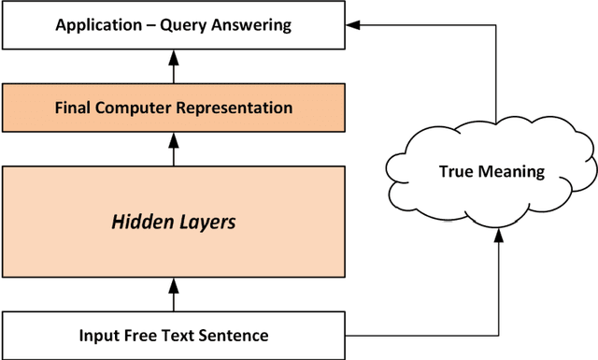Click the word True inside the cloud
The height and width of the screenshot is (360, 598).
pos(456,172)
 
